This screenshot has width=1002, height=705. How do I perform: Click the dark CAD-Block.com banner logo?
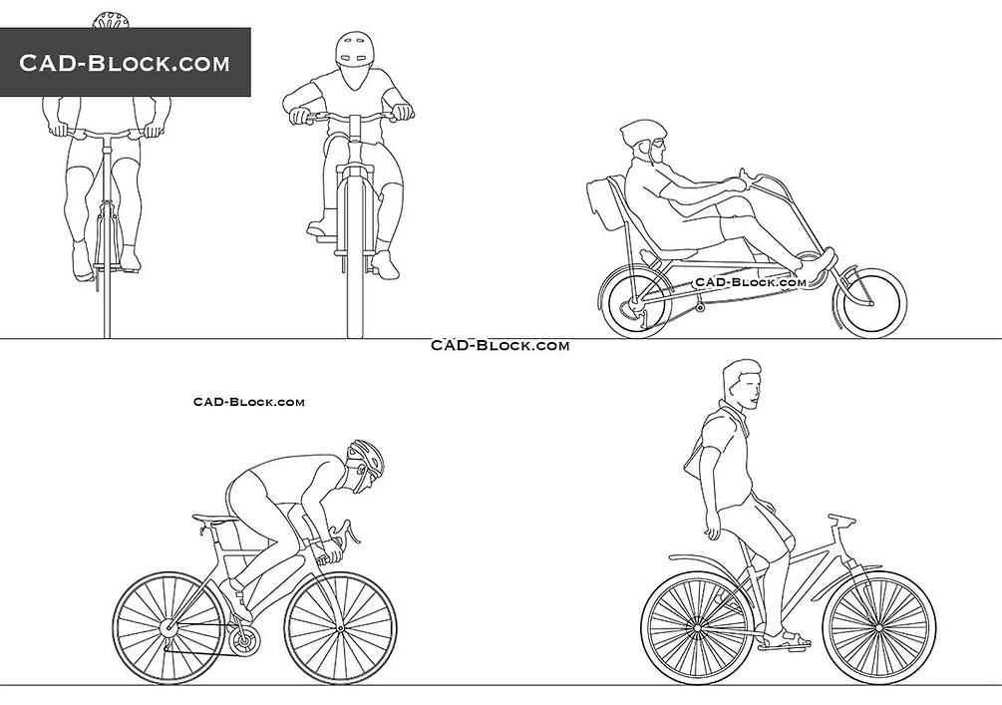pos(126,62)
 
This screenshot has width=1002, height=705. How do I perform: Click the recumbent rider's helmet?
pos(642,133)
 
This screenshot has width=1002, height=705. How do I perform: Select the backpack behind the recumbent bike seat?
pos(603,204)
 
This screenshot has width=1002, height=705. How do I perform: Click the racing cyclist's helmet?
pos(367,457)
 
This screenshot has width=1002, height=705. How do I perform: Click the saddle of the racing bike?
pos(212,518)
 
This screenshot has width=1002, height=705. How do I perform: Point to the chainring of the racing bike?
pos(244,640)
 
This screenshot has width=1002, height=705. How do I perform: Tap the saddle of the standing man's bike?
pos(841,519)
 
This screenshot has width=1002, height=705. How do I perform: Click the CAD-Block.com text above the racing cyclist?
pos(248,402)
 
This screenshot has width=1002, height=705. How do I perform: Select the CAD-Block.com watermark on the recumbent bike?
pos(750,282)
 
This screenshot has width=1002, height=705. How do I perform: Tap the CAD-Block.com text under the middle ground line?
pos(500,346)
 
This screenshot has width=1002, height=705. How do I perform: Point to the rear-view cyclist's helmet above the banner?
pos(112,20)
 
